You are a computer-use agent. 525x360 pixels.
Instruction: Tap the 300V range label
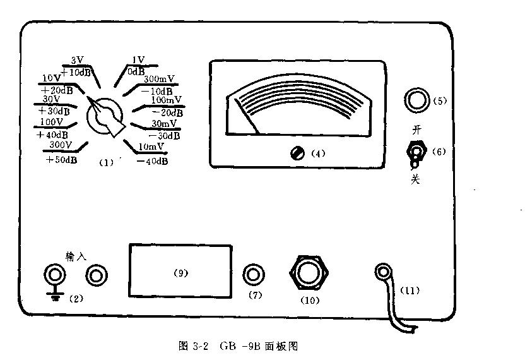[x=61, y=145]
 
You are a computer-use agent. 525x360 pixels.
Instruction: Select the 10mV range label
[x=151, y=147]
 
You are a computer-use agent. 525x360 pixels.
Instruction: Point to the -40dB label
[x=153, y=161]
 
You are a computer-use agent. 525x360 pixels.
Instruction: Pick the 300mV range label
[x=160, y=80]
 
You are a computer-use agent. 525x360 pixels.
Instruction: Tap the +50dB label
[x=62, y=160]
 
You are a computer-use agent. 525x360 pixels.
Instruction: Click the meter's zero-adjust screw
[x=295, y=153]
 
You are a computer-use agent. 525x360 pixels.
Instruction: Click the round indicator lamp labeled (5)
[x=416, y=100]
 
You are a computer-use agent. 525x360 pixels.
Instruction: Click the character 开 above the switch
[x=415, y=131]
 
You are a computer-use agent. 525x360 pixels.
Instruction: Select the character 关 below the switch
[x=415, y=179]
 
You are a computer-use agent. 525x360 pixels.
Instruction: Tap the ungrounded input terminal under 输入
[x=96, y=275]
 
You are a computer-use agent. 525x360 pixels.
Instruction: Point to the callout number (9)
[x=180, y=273]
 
